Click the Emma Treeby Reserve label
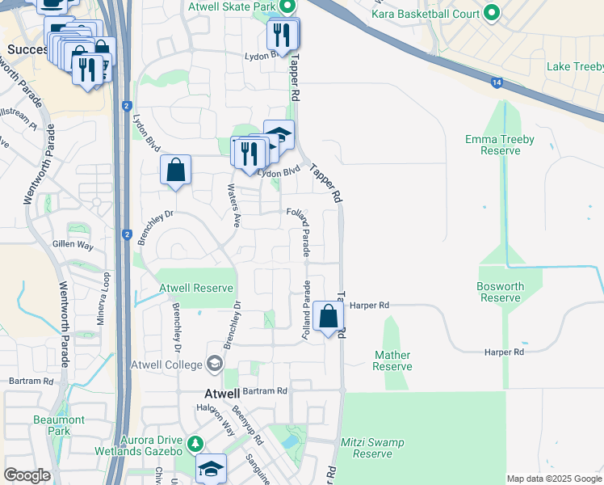pyautogui.click(x=499, y=145)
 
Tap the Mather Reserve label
pyautogui.click(x=393, y=361)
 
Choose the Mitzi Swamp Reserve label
pyautogui.click(x=372, y=448)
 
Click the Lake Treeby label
pyautogui.click(x=574, y=66)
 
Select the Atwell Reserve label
pyautogui.click(x=196, y=288)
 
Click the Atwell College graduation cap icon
pyautogui.click(x=214, y=365)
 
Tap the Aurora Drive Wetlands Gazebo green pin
pyautogui.click(x=195, y=444)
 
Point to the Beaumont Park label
pyautogui.click(x=59, y=425)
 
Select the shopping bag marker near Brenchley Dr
pyautogui.click(x=175, y=170)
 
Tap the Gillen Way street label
pyautogui.click(x=73, y=244)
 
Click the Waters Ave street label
pyautogui.click(x=233, y=206)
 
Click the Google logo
pyautogui.click(x=27, y=476)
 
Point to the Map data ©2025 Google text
pyautogui.click(x=553, y=479)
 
